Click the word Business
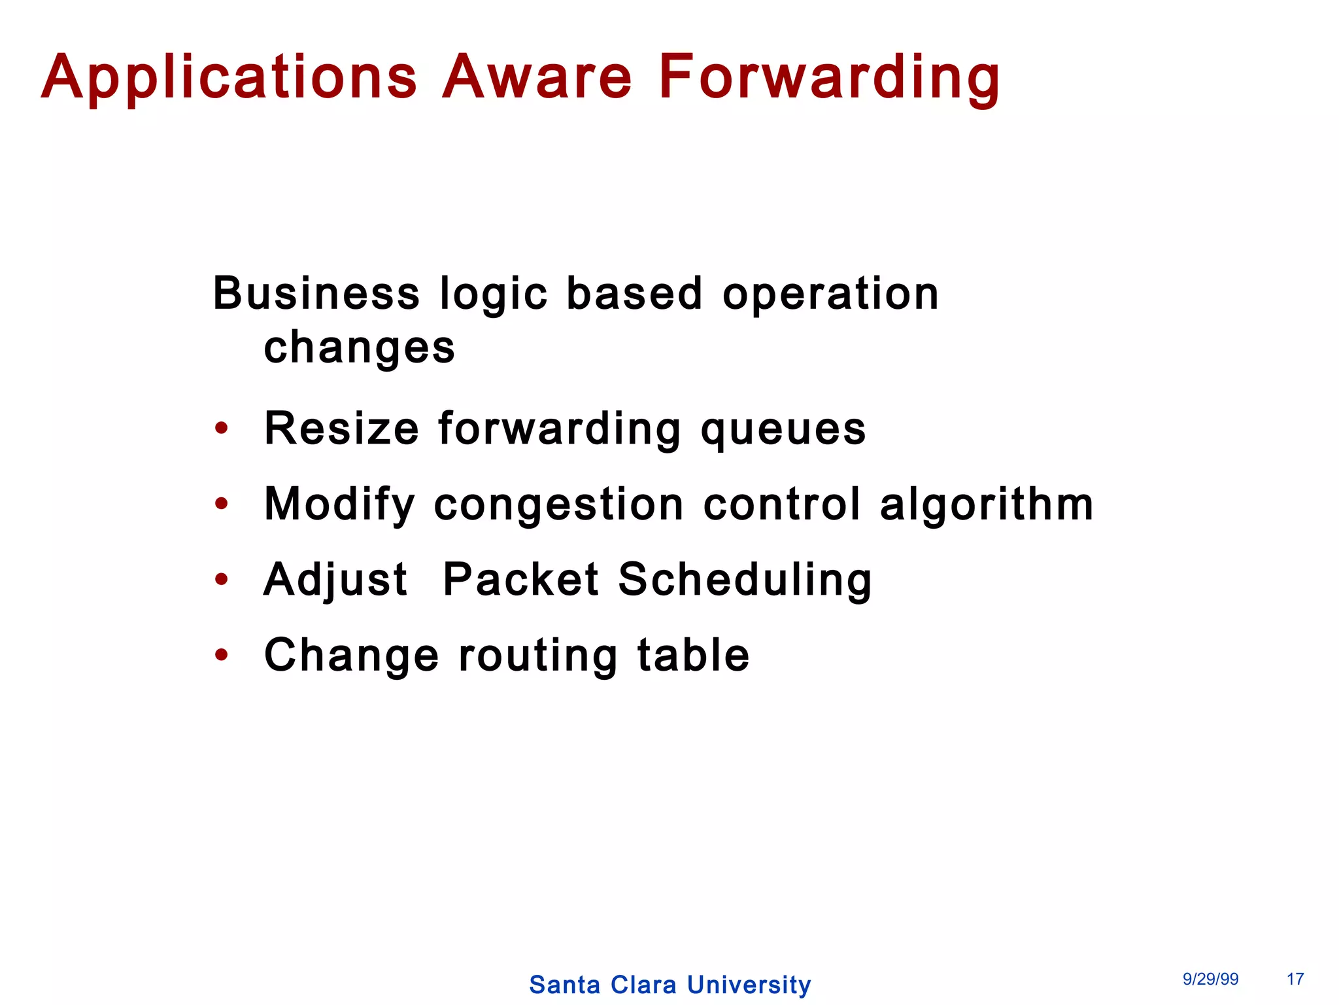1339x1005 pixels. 316,293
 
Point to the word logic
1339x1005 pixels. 494,294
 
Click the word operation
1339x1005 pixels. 830,294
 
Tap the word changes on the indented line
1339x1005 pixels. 359,347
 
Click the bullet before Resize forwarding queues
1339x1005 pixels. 222,429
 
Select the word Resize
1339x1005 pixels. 341,429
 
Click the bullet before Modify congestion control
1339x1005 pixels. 222,504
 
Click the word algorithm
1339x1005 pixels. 987,505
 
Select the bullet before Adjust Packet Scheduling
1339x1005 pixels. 222,579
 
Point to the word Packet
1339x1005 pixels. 520,580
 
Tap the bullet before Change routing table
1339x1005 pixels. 222,654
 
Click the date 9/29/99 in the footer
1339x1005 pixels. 1210,979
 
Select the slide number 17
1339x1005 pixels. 1295,979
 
